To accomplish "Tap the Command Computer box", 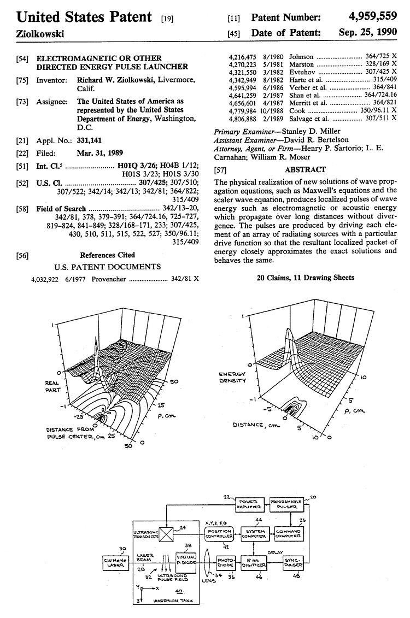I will pyautogui.click(x=288, y=533).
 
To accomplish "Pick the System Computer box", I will pyautogui.click(x=254, y=533).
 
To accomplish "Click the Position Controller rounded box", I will pyautogui.click(x=219, y=533).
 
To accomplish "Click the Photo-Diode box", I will pyautogui.click(x=225, y=563).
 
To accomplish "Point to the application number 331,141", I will pyautogui.click(x=90, y=142).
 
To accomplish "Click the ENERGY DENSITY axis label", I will pyautogui.click(x=233, y=377).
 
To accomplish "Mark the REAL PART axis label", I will pyautogui.click(x=52, y=387).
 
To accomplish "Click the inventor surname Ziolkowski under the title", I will pyautogui.click(x=33, y=33).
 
